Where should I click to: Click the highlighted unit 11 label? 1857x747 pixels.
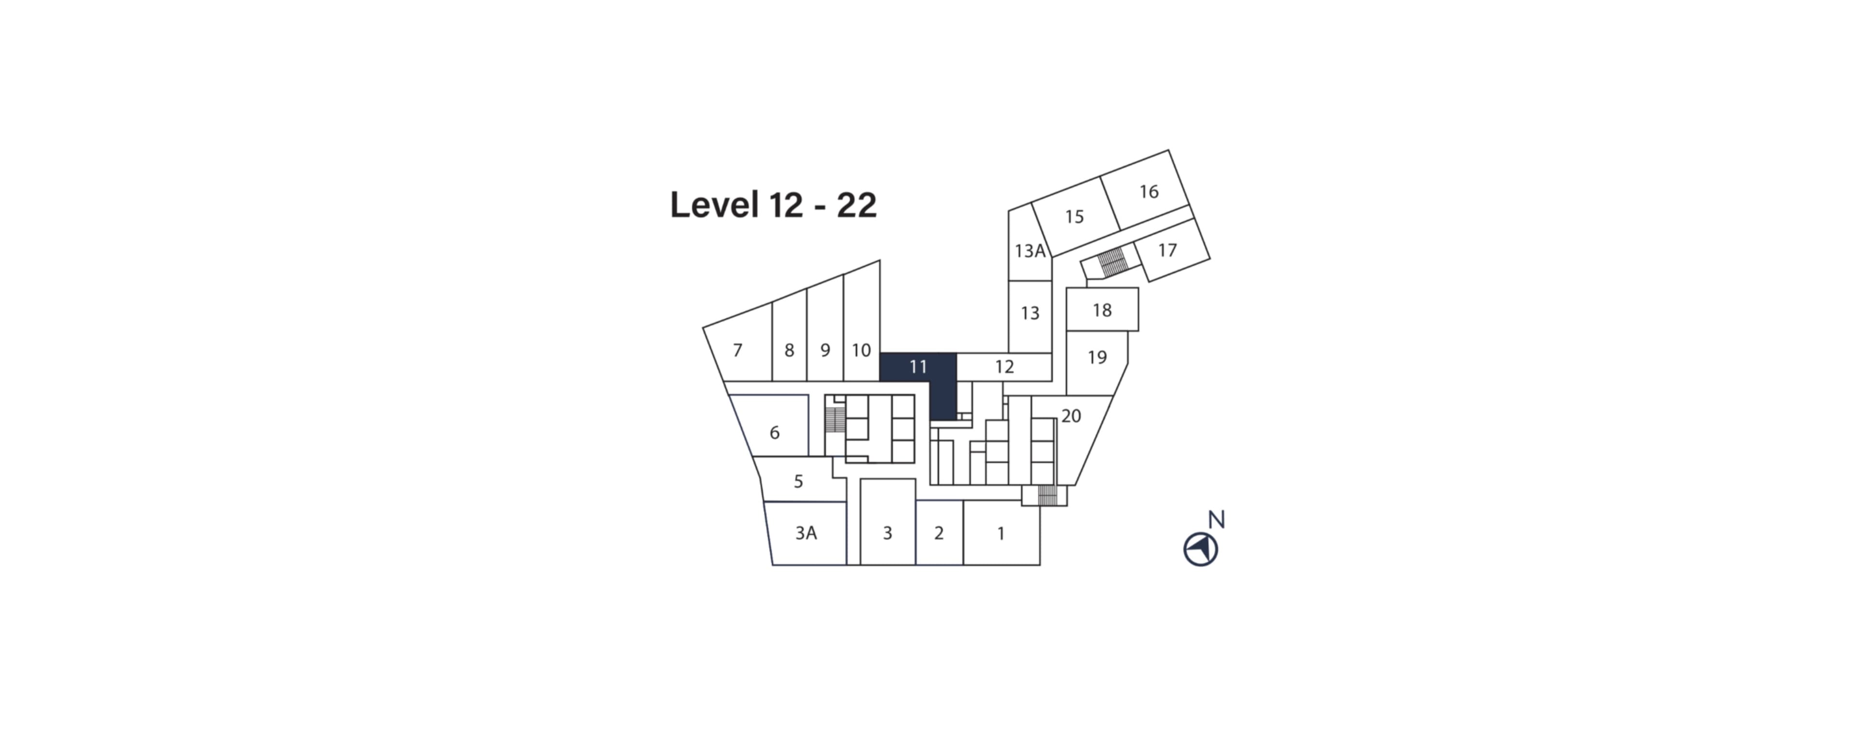pos(918,367)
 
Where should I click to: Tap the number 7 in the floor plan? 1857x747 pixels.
pos(737,351)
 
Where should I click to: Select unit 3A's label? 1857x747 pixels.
pos(806,533)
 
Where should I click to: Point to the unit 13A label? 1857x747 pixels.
pos(1030,251)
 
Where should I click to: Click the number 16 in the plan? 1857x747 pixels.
pos(1149,192)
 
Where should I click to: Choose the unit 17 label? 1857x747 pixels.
pos(1167,250)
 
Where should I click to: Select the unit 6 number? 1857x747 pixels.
pos(774,433)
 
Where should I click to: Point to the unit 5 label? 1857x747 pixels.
pos(798,482)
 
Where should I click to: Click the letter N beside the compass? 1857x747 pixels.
pos(1217,519)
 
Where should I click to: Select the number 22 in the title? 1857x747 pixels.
pos(856,205)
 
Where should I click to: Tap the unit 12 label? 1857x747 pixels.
pos(1004,367)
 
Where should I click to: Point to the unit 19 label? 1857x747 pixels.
pos(1097,357)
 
